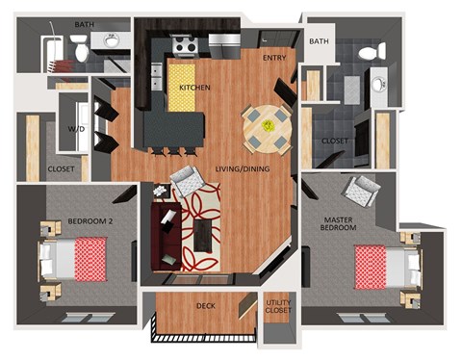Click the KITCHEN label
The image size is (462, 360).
[194, 89]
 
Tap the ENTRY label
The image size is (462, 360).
[274, 59]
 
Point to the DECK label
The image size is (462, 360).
[206, 306]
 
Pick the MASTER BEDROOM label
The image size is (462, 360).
[340, 224]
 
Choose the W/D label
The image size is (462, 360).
[74, 128]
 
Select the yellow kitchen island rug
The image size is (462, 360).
[184, 87]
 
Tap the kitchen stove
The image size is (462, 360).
[184, 44]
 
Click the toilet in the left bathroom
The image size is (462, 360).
[82, 46]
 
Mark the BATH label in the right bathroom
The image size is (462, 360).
[318, 41]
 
